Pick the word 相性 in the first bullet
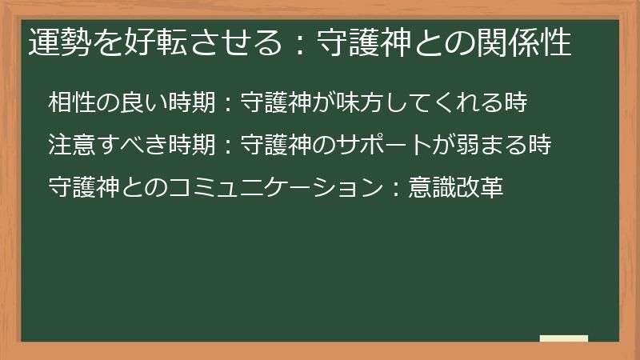pos(69,102)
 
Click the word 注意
pos(69,145)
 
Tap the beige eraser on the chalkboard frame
pos(564,338)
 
